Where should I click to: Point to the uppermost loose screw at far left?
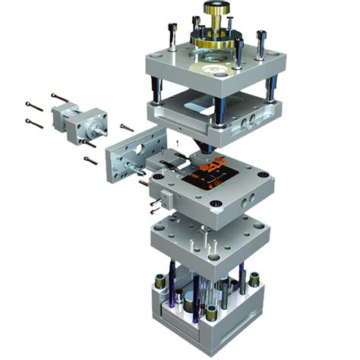point(58,97)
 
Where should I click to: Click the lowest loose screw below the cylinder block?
point(90,160)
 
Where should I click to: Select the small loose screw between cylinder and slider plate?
point(126,127)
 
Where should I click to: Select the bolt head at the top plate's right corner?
point(264,34)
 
